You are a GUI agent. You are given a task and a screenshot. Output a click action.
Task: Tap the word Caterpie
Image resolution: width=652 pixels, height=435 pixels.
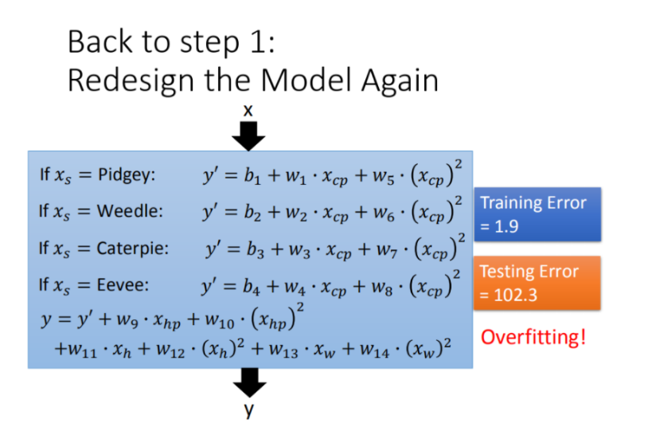[x=132, y=248]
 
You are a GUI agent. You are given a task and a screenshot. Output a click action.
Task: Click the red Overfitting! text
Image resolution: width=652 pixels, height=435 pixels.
[x=533, y=336]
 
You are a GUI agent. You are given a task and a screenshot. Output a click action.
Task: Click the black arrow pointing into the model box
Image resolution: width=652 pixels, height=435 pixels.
[x=249, y=137]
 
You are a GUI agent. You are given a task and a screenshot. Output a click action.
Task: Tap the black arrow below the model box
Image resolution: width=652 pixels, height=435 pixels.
[x=249, y=384]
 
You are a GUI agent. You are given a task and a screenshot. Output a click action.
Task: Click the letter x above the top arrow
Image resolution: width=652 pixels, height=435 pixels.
[x=248, y=112]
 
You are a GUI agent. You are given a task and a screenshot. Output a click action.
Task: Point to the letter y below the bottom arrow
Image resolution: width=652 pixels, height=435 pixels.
[x=249, y=410]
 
